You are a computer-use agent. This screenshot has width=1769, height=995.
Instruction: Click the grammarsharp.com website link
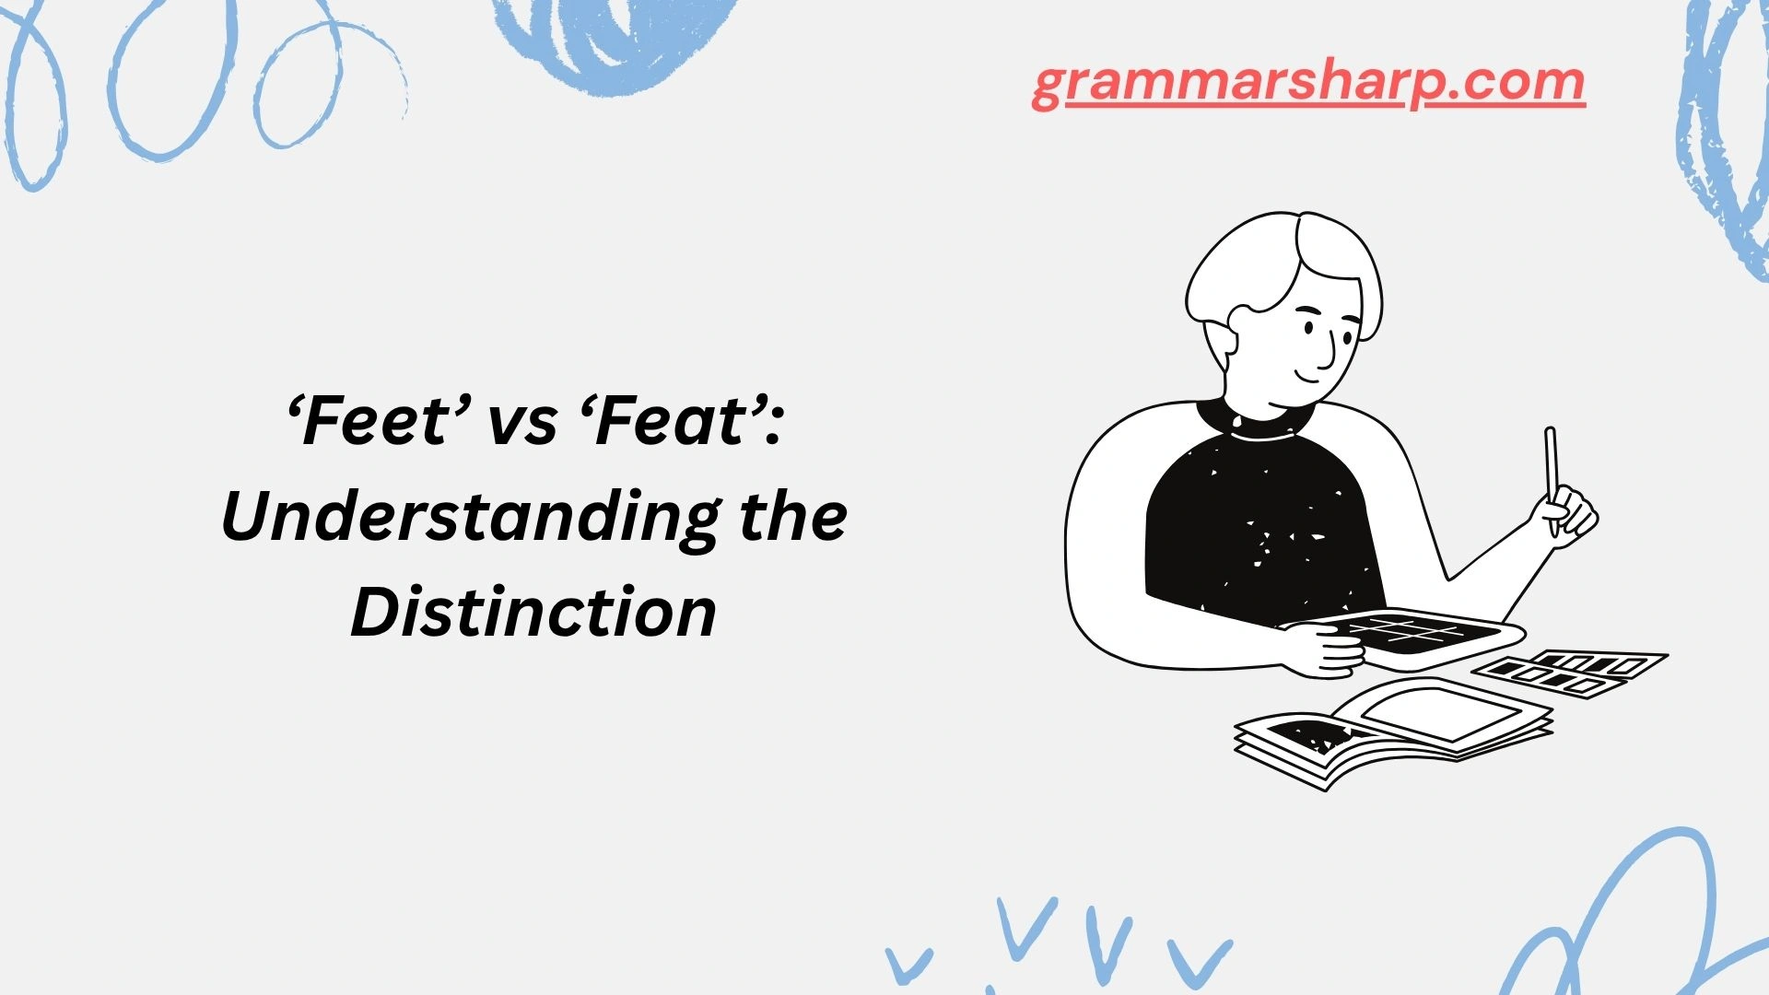click(x=1307, y=84)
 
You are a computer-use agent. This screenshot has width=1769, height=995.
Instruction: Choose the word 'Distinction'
click(x=533, y=613)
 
